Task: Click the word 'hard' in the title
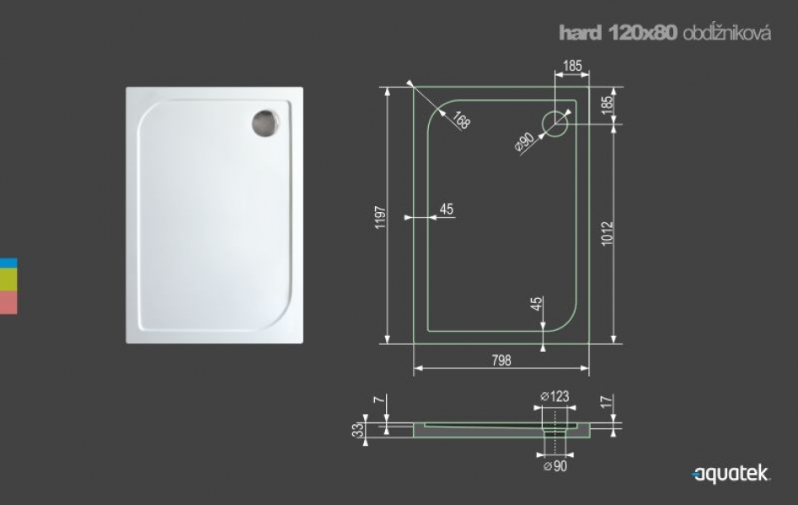(x=581, y=33)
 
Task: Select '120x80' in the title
(x=643, y=33)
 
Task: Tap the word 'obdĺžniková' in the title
(x=726, y=33)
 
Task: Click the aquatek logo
(x=731, y=474)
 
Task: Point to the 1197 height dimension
(x=380, y=217)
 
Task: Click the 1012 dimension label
(x=608, y=233)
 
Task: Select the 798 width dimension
(x=501, y=360)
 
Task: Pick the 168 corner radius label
(x=461, y=120)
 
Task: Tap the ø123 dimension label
(x=554, y=396)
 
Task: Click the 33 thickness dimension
(x=358, y=430)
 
